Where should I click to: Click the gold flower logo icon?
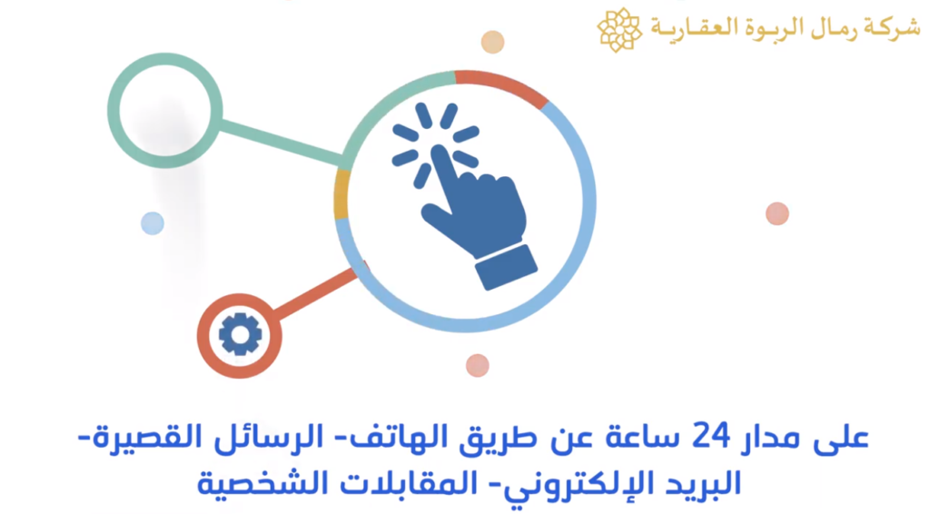(x=619, y=30)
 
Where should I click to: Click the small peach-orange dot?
(x=492, y=42)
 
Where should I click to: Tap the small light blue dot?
(x=153, y=223)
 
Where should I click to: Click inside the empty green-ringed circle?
(x=165, y=110)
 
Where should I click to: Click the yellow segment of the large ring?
(x=341, y=194)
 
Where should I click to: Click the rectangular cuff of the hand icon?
(x=506, y=267)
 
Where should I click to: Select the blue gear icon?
(x=240, y=334)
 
